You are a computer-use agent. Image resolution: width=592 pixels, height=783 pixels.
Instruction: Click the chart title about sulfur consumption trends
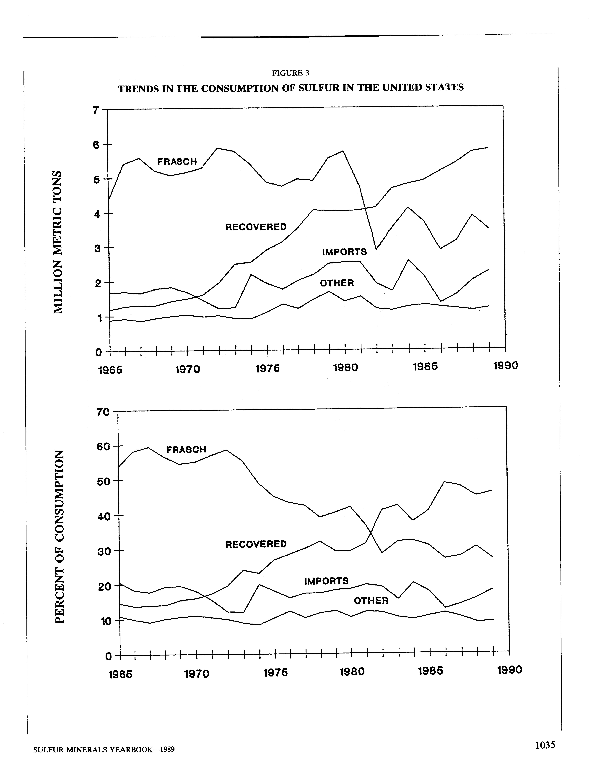(291, 88)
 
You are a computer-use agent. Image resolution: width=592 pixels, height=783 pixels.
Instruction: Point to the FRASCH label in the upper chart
(177, 162)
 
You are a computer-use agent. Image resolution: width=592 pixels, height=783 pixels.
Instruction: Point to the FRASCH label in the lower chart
(186, 450)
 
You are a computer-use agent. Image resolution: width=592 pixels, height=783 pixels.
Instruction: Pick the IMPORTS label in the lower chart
(326, 581)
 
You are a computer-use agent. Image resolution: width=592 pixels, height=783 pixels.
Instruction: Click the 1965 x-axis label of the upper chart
(110, 370)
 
